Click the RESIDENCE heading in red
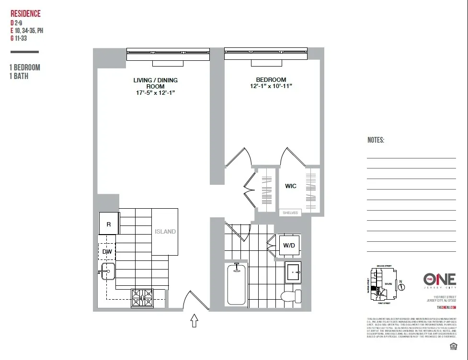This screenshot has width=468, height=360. (x=25, y=14)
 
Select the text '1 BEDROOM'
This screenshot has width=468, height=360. (x=24, y=67)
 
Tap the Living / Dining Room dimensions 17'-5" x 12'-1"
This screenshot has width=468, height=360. (x=155, y=93)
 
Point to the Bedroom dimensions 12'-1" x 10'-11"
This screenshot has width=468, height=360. (x=271, y=86)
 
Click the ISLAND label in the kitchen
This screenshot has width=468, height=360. (x=165, y=231)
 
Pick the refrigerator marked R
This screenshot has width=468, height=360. (x=109, y=224)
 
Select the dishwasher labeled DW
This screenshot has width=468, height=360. (x=106, y=251)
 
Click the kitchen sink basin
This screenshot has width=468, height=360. (x=106, y=272)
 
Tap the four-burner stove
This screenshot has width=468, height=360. (x=143, y=298)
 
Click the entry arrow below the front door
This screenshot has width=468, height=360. (x=194, y=320)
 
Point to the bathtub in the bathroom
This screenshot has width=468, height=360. (x=236, y=285)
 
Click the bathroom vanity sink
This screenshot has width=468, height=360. (x=293, y=272)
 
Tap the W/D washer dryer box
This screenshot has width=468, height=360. (x=289, y=246)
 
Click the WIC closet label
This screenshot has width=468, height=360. (x=291, y=186)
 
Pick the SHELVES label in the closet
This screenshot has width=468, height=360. (x=290, y=213)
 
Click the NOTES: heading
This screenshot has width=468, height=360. (x=376, y=140)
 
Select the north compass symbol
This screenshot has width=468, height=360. (x=402, y=287)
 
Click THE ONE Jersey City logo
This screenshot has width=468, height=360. (x=439, y=281)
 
